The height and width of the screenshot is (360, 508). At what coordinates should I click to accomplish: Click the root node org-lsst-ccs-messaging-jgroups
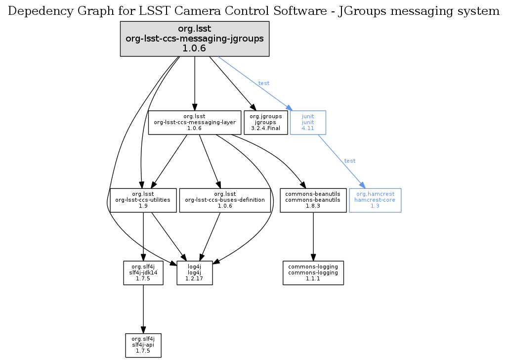tap(195, 39)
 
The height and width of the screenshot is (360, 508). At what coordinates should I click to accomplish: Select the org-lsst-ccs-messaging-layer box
tap(195, 122)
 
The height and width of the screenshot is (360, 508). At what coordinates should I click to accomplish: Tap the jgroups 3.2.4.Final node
tap(266, 122)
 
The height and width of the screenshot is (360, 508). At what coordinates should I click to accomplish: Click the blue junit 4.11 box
tap(308, 122)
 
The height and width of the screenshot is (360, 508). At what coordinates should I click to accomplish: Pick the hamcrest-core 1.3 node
tap(375, 200)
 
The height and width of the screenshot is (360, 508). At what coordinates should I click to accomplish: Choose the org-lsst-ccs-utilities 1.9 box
tap(143, 200)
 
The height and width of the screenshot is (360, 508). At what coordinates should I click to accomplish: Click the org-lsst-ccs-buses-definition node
tap(225, 200)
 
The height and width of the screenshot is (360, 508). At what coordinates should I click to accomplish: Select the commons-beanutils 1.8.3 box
tap(313, 200)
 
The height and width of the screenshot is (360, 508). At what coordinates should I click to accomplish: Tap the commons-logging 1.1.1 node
tap(313, 272)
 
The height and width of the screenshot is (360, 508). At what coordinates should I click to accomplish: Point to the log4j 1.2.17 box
tap(195, 272)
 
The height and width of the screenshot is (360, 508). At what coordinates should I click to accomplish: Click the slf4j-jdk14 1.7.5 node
tap(143, 272)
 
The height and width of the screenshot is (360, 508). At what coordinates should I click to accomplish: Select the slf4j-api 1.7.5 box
tap(143, 345)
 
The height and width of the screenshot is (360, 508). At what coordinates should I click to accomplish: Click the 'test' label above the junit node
tap(264, 83)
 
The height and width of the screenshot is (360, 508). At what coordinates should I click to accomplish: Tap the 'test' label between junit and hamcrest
tap(350, 161)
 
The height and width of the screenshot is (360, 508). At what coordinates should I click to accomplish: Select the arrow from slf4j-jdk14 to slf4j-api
tap(143, 309)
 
